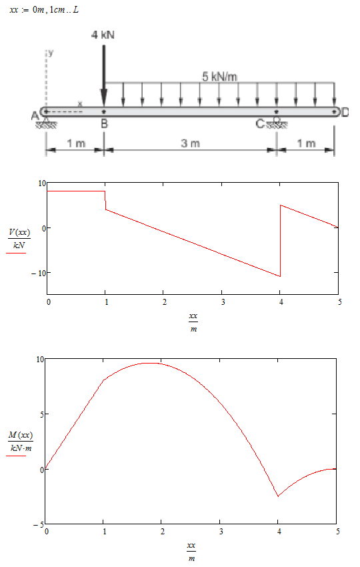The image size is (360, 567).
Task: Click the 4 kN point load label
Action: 103,35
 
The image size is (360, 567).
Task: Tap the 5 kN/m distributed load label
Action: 219,77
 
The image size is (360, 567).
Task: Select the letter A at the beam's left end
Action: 35,116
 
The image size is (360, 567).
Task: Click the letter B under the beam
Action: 104,124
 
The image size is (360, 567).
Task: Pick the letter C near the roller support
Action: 260,124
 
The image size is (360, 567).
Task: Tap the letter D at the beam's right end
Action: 345,113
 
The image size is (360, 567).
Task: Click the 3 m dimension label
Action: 190,143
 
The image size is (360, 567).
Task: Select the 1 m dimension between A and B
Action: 76,143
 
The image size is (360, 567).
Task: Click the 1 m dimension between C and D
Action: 306,143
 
